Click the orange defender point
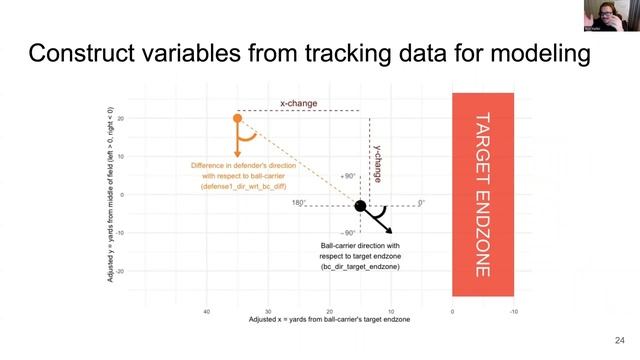[237, 119]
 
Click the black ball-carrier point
[361, 206]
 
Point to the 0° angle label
[421, 203]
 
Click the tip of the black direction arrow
[391, 231]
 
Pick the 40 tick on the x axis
[206, 311]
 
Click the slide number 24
[619, 339]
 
